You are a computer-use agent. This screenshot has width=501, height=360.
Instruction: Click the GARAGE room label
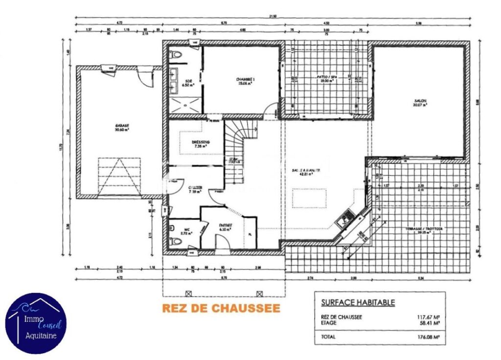[x=122, y=126]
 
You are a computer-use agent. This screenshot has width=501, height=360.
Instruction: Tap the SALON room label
[x=420, y=101]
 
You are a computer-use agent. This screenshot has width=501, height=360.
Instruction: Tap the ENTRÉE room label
[x=225, y=226]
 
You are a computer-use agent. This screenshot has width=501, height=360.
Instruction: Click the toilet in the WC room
[x=173, y=241]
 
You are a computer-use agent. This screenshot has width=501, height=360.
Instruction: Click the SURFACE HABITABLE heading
[x=358, y=302]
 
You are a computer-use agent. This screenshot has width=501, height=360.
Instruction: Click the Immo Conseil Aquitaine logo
[x=36, y=323]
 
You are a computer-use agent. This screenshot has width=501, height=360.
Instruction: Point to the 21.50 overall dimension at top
[x=273, y=17]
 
